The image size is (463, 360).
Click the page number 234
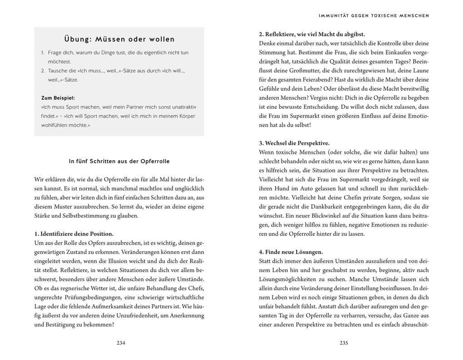tap(121, 343)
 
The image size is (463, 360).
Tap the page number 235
tap(344, 343)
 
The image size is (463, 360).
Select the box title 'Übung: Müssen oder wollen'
tap(119, 39)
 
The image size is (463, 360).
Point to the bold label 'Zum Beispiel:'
tap(58, 98)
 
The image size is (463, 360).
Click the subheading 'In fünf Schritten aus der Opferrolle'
tap(119, 161)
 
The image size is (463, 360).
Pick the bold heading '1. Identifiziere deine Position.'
tap(74, 234)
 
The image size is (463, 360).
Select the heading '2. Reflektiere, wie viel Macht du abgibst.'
tap(312, 34)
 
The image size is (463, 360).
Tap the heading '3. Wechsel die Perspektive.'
tap(294, 143)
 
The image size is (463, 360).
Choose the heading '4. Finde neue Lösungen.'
tap(291, 252)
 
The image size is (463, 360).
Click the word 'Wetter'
tap(101, 288)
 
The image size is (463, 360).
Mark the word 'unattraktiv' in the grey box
tap(182, 107)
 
